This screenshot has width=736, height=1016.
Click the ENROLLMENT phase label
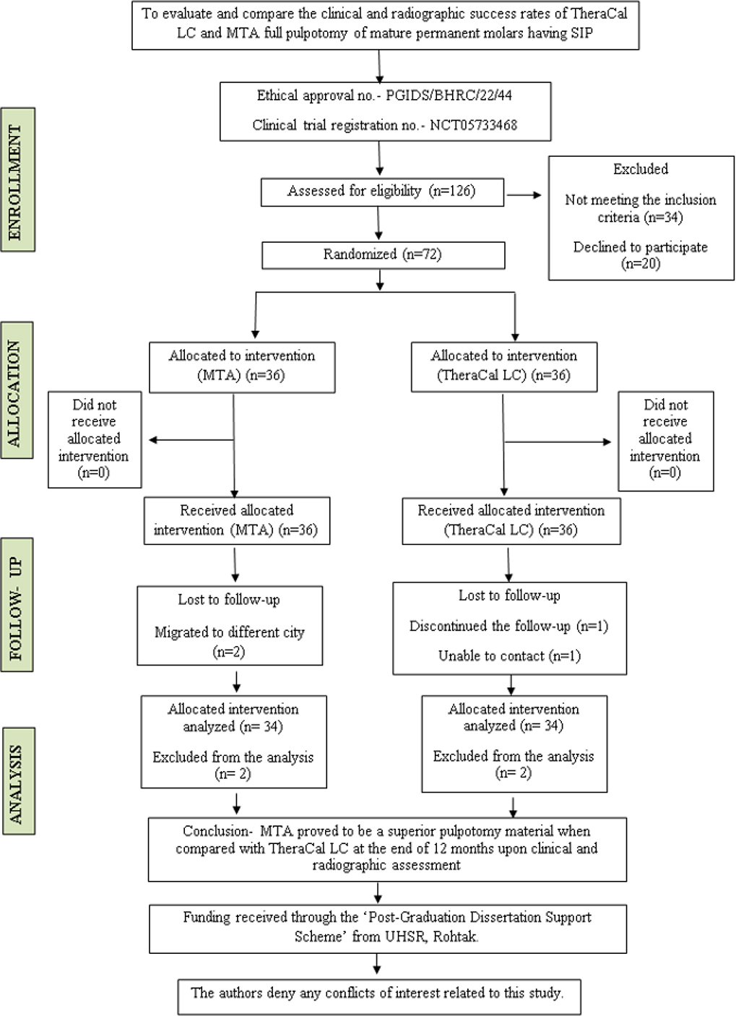(17, 180)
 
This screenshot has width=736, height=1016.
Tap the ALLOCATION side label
(17, 390)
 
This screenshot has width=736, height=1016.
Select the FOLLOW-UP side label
(17, 605)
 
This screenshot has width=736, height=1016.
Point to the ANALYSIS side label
(18, 781)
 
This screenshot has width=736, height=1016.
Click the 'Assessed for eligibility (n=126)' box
(382, 192)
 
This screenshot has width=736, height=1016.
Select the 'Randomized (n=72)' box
(384, 255)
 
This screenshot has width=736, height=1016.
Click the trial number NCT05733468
(473, 125)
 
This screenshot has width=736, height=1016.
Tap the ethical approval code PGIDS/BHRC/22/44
(449, 95)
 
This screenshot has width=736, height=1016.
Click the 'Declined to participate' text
(641, 247)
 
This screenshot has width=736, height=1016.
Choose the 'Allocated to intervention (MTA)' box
(242, 367)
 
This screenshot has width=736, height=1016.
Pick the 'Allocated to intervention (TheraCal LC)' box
(504, 367)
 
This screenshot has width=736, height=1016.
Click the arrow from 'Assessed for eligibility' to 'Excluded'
(524, 195)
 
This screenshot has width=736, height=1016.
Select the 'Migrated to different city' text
(230, 632)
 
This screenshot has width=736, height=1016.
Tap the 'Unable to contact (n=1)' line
(510, 656)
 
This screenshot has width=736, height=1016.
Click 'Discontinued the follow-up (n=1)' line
(508, 627)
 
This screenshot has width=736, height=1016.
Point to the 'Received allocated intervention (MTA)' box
(237, 521)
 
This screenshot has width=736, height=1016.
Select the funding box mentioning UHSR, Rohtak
(388, 929)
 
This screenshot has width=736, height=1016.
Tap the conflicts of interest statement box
(379, 997)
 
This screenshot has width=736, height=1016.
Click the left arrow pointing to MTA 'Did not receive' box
(191, 439)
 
